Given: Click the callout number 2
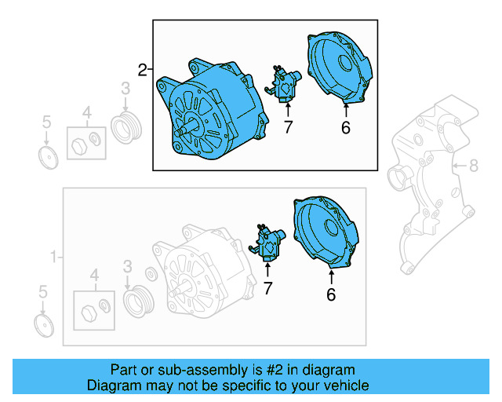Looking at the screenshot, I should pyautogui.click(x=142, y=71).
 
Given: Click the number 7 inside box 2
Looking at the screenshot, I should pyautogui.click(x=288, y=126).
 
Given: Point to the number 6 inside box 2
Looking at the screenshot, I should pyautogui.click(x=345, y=127).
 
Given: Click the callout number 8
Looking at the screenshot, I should pyautogui.click(x=473, y=165).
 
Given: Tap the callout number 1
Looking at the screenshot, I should pyautogui.click(x=54, y=257).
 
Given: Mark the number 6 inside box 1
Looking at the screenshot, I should pyautogui.click(x=330, y=295).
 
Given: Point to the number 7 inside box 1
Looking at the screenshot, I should pyautogui.click(x=267, y=289).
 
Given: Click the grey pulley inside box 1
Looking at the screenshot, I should pyautogui.click(x=137, y=302).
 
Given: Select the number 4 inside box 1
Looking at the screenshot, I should pyautogui.click(x=95, y=275).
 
